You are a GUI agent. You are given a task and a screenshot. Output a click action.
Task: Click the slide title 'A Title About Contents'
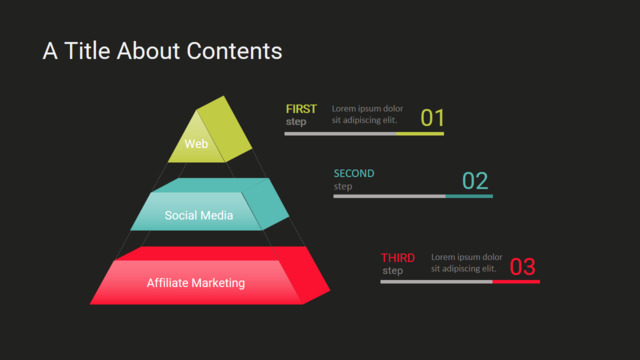click(x=162, y=51)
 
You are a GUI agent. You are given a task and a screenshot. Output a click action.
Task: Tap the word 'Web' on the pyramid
click(x=196, y=144)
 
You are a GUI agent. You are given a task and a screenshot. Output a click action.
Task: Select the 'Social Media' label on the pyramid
click(x=199, y=215)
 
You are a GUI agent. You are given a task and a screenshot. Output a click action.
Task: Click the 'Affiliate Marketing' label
click(x=196, y=283)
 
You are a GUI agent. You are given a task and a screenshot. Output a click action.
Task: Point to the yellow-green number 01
click(x=432, y=118)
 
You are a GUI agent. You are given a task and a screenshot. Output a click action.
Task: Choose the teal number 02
click(x=475, y=181)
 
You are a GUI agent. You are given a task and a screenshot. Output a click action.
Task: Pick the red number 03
click(x=522, y=267)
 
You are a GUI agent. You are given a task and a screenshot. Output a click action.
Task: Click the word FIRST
click(x=301, y=109)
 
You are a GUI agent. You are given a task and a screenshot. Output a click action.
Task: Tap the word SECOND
click(x=354, y=173)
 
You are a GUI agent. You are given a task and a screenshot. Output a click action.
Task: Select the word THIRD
click(x=398, y=258)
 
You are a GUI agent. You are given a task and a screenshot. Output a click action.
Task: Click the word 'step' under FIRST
click(x=296, y=122)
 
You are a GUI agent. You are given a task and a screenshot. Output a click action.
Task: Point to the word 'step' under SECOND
click(x=343, y=187)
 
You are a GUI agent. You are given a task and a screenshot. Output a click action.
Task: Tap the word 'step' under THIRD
click(x=393, y=271)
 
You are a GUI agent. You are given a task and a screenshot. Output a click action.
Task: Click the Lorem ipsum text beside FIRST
click(x=367, y=114)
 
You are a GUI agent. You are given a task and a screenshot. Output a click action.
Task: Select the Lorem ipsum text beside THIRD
click(x=467, y=263)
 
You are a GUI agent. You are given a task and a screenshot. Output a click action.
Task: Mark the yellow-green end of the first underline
click(x=420, y=133)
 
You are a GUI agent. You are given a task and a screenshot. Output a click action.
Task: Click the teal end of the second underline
click(x=469, y=196)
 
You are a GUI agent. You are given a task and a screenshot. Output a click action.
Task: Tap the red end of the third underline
click(x=516, y=282)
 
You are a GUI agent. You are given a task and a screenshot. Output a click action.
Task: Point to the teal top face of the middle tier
click(x=210, y=185)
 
